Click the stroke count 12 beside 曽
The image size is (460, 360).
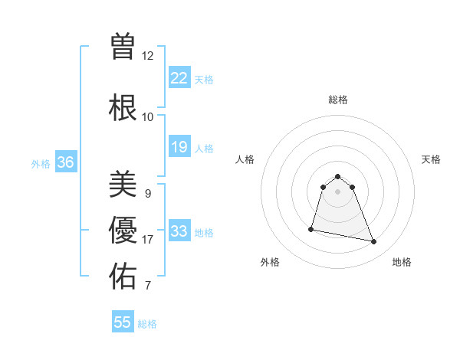pos(148,56)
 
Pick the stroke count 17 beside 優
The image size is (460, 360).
pos(148,240)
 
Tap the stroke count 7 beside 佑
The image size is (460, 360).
pos(148,286)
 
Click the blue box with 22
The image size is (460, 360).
pos(179,78)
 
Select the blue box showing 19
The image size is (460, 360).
pos(179,147)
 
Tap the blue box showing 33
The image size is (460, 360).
pos(179,231)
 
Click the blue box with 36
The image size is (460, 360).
pos(66,162)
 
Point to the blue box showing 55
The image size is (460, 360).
pos(123,322)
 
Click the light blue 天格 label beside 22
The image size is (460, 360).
pos(204,80)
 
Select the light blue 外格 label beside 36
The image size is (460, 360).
pos(41,164)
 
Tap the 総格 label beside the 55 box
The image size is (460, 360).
pos(147,324)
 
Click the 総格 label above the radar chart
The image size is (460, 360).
pos(338,100)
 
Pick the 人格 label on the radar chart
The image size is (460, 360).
pos(245,159)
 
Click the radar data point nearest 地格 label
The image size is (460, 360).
pos(373,242)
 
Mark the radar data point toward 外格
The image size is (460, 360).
pos(311,229)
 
